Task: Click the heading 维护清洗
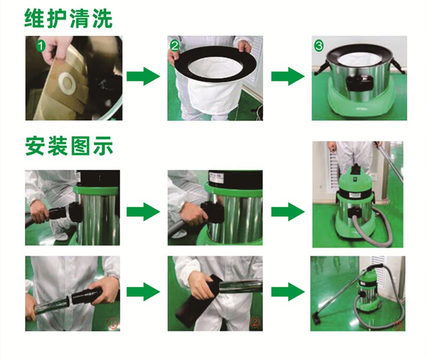tap(68, 19)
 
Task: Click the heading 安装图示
tap(69, 146)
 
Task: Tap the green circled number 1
tap(41, 46)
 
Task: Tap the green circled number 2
tap(175, 46)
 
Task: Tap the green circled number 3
tap(319, 45)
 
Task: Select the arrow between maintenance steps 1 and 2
tap(143, 76)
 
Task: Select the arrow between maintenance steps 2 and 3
tap(288, 76)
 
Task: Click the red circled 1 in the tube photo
tap(113, 324)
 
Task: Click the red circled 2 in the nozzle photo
tap(255, 323)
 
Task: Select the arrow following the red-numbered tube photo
tap(143, 292)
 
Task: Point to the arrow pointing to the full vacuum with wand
tap(288, 292)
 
